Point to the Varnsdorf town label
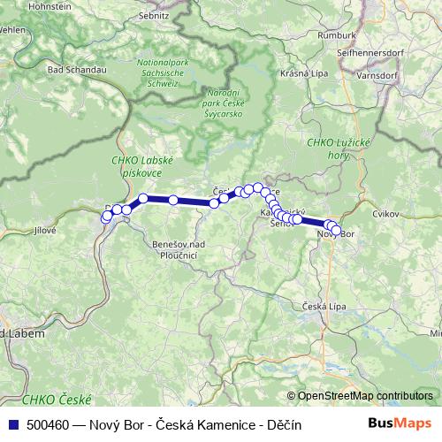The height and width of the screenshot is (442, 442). click(377, 76)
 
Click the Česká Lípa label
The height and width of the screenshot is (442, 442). click(323, 306)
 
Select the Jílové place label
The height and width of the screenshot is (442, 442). click(44, 230)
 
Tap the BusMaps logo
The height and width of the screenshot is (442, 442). click(400, 424)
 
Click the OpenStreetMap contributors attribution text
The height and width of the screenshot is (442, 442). click(365, 396)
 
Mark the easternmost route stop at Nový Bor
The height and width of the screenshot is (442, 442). click(336, 232)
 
